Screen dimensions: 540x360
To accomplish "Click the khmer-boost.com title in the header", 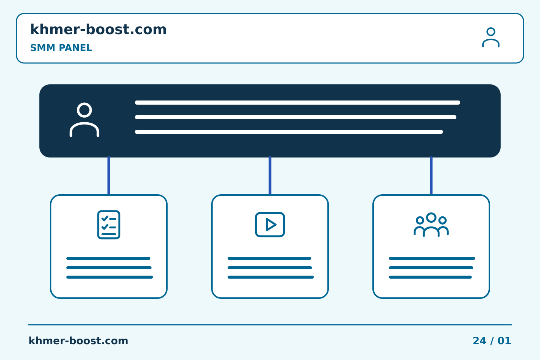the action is click(x=98, y=29).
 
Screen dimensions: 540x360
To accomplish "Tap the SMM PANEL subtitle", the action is click(x=61, y=48).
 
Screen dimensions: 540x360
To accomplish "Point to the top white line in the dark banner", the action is click(x=297, y=102).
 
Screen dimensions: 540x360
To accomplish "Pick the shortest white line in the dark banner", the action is click(x=289, y=132).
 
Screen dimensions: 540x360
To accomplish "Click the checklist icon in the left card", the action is click(x=109, y=225).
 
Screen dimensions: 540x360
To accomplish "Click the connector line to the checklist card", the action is click(x=109, y=175).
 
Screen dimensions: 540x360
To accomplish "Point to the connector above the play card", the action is click(x=270, y=175).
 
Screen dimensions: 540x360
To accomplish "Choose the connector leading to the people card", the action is click(x=431, y=175).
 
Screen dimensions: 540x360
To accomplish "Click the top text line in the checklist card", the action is click(x=108, y=258).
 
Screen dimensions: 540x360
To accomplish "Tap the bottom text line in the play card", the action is click(x=271, y=277).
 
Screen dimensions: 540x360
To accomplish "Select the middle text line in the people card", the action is click(x=431, y=268).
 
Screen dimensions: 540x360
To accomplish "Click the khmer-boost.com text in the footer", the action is click(x=78, y=341).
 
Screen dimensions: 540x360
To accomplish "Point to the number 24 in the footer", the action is click(x=480, y=341).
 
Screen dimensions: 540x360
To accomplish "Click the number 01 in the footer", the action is click(x=504, y=341).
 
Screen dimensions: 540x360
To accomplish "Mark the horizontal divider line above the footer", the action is click(x=270, y=325).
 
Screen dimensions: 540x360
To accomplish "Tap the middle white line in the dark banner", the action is click(x=296, y=117).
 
